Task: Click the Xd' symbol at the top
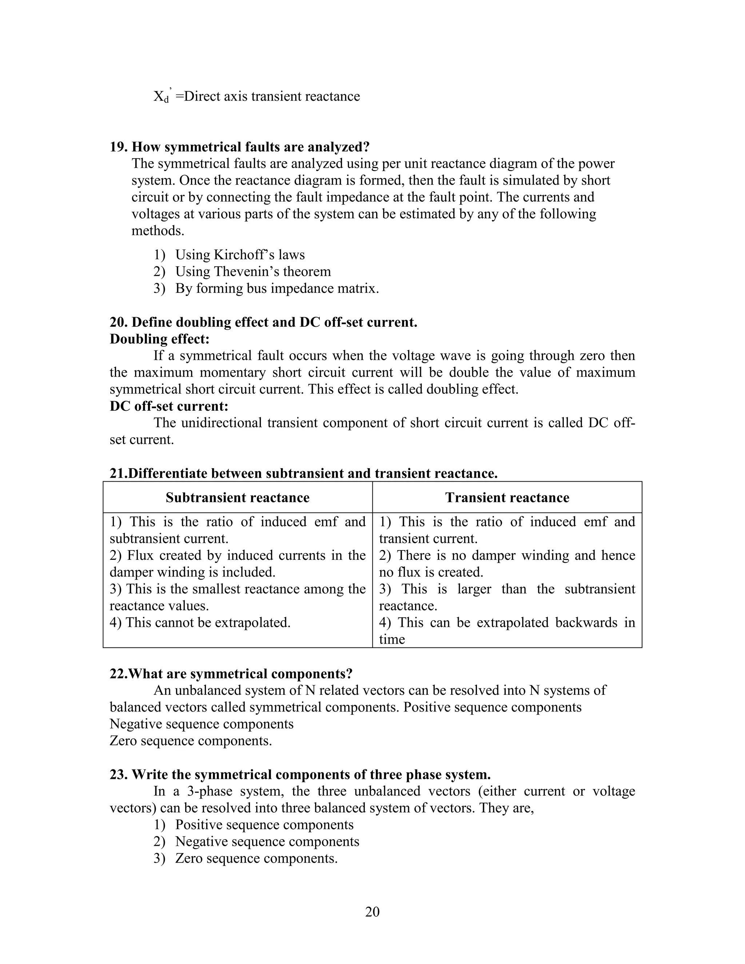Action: tap(162, 96)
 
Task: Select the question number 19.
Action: tap(118, 147)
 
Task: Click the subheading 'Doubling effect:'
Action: tap(159, 339)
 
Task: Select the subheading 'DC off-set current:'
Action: tap(169, 406)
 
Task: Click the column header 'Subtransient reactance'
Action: tap(238, 497)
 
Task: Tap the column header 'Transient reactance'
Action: tap(507, 497)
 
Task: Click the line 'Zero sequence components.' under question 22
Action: tap(191, 741)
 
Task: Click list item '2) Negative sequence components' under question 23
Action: tap(256, 841)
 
